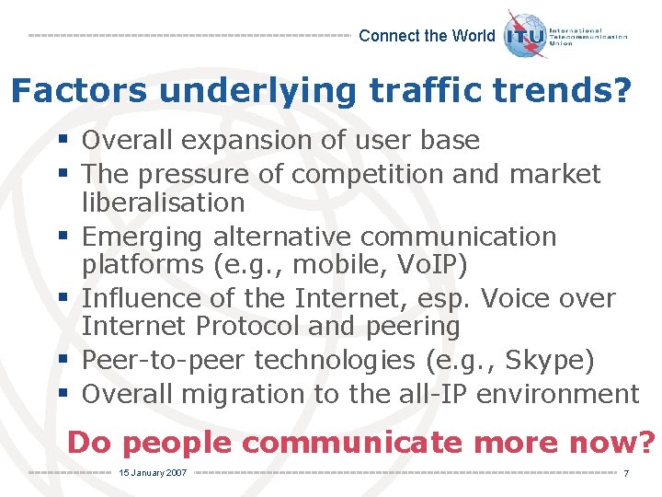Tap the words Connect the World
pos(427,36)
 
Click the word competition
pos(357,173)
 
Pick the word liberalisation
pos(163,202)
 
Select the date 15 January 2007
pos(153,472)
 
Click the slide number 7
pos(625,473)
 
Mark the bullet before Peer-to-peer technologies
pos(61,360)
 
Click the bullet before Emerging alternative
pos(61,237)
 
